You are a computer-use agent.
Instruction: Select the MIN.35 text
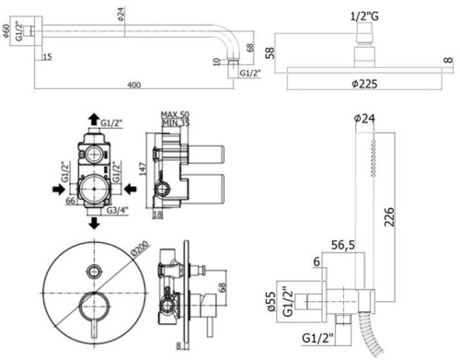click(175, 122)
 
